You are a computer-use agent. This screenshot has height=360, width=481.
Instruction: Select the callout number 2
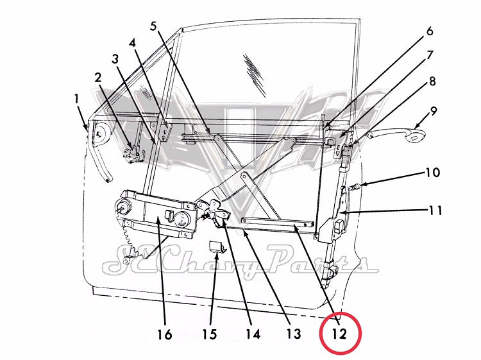click(x=98, y=77)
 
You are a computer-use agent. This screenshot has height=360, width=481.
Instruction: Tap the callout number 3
click(x=115, y=59)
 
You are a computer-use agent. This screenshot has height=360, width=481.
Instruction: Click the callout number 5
click(x=154, y=26)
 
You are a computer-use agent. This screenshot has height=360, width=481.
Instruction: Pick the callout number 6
click(x=429, y=31)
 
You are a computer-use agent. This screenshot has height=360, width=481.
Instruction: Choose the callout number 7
click(x=429, y=55)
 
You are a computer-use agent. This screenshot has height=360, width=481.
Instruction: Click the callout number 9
click(x=434, y=110)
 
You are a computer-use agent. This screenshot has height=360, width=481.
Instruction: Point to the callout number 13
click(x=292, y=334)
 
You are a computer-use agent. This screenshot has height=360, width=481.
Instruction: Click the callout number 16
click(x=165, y=334)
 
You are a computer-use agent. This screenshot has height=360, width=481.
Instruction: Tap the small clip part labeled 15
click(x=217, y=246)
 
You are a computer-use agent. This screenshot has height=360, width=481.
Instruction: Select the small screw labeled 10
click(x=353, y=187)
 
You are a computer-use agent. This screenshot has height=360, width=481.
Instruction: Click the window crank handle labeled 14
click(x=214, y=209)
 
